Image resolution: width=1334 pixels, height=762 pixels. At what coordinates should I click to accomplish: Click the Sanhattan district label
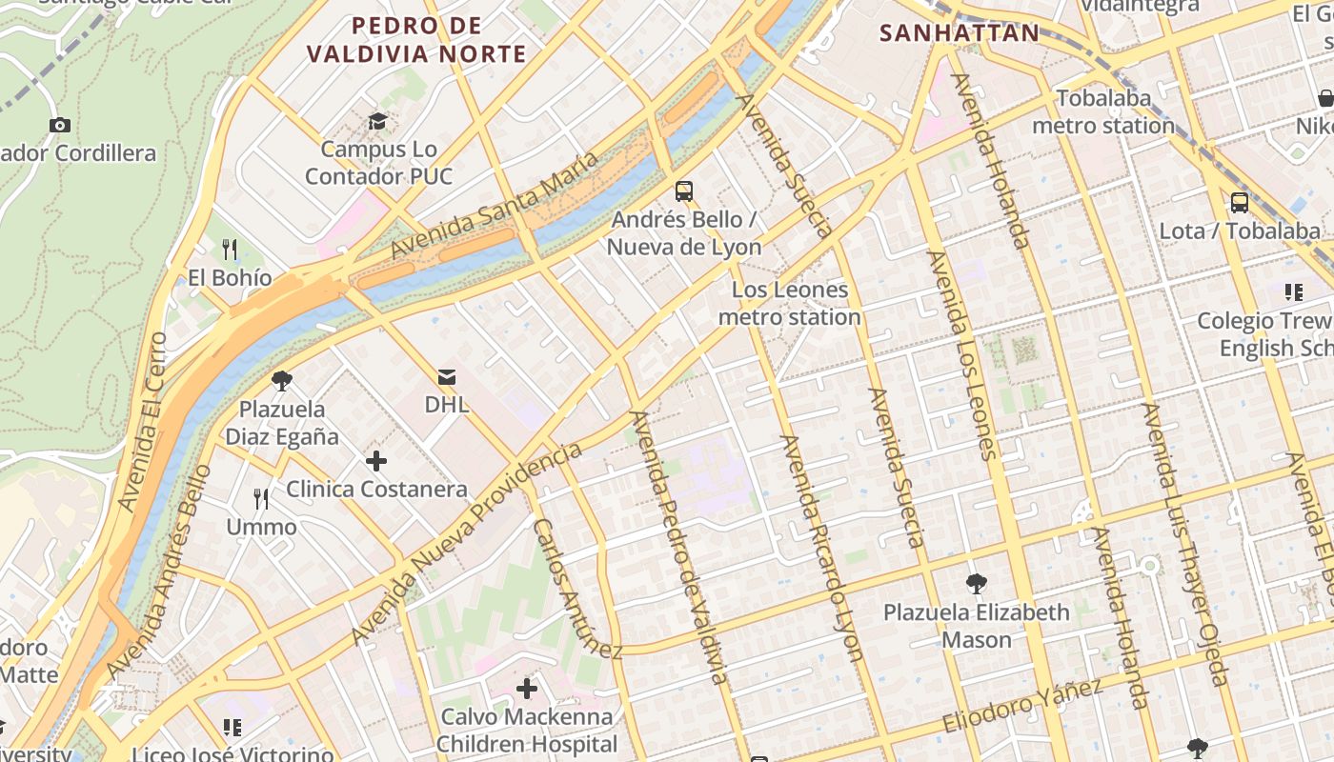coord(959,32)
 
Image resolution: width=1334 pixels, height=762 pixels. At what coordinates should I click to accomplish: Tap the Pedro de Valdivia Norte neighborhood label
coord(416,40)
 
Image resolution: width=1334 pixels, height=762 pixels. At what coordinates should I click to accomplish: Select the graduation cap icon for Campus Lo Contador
coord(378,122)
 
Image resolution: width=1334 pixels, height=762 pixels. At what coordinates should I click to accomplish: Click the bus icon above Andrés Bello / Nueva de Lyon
coord(683,190)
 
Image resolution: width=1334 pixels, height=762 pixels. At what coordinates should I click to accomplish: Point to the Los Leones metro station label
coord(789,303)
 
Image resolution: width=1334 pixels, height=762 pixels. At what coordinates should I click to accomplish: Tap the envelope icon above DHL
coord(446,377)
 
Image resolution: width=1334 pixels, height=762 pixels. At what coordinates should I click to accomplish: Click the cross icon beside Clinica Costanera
coord(376,462)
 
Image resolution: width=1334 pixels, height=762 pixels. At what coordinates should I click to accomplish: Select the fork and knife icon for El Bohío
coord(230,250)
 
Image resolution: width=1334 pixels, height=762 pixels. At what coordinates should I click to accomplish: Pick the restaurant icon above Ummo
coord(261,498)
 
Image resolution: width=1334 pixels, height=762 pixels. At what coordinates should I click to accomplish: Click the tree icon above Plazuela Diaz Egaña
coord(281,381)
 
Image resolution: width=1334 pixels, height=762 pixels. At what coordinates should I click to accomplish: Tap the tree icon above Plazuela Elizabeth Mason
coord(976,583)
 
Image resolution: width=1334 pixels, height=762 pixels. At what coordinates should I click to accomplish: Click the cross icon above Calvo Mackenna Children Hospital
coord(526,688)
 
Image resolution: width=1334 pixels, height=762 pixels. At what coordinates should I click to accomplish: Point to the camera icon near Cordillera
coord(59,125)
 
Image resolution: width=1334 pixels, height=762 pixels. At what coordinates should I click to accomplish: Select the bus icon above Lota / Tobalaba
coord(1239,202)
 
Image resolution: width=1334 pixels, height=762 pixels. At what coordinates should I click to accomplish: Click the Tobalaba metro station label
coord(1103,111)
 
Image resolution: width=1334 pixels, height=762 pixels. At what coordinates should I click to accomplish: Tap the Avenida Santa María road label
coord(495,205)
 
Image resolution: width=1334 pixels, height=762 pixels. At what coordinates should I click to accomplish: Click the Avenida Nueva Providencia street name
coord(466,544)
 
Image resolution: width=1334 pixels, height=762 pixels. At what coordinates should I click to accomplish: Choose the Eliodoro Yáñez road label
coord(1022,706)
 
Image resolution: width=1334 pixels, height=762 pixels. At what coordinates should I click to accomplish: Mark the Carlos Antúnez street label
coord(577,589)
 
